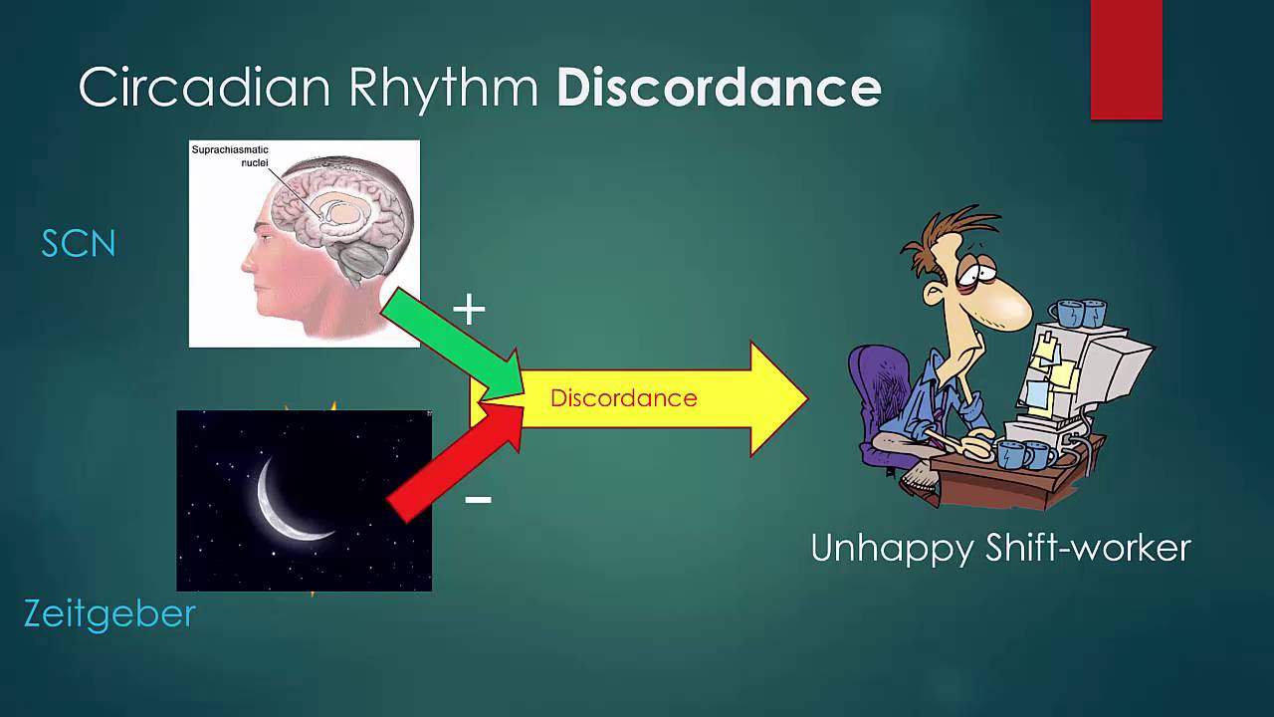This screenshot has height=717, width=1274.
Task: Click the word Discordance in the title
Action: coord(719,88)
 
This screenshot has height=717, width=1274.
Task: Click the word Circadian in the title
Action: coord(204,88)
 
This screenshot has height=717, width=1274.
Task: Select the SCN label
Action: coord(79,244)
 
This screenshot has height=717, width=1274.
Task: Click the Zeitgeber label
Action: coord(109,613)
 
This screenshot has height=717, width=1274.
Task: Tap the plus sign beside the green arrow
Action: coord(469,311)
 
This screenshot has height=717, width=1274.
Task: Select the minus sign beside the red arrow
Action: coord(478,499)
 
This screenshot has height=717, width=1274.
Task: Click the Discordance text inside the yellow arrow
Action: coord(623,398)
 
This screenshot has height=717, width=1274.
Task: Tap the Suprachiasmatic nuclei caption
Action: coord(230,155)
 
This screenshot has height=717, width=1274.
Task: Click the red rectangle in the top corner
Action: coord(1126,60)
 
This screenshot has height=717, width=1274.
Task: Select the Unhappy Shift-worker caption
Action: coord(1000,549)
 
